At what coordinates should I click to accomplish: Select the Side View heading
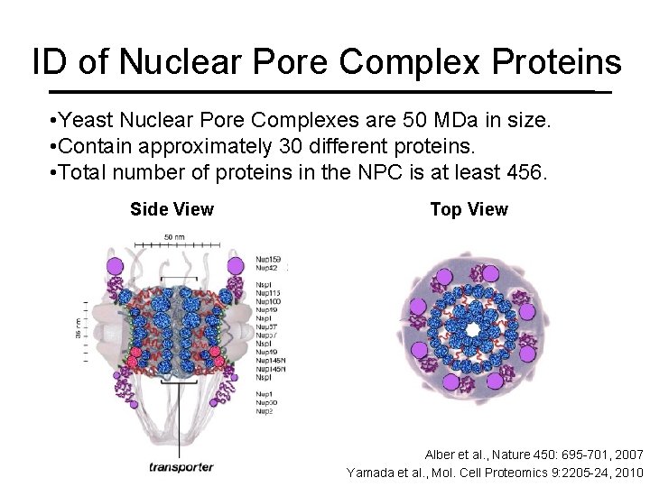172,210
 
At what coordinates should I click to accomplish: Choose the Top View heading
469,210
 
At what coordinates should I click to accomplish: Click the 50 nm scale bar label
174,235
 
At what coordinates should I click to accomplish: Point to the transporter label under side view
181,466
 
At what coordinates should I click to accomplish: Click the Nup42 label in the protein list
266,268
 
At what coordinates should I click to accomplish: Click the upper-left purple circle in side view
114,266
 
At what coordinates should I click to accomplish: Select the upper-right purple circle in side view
236,266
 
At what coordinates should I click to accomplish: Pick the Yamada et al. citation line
495,472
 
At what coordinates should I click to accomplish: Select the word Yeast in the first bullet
87,120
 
